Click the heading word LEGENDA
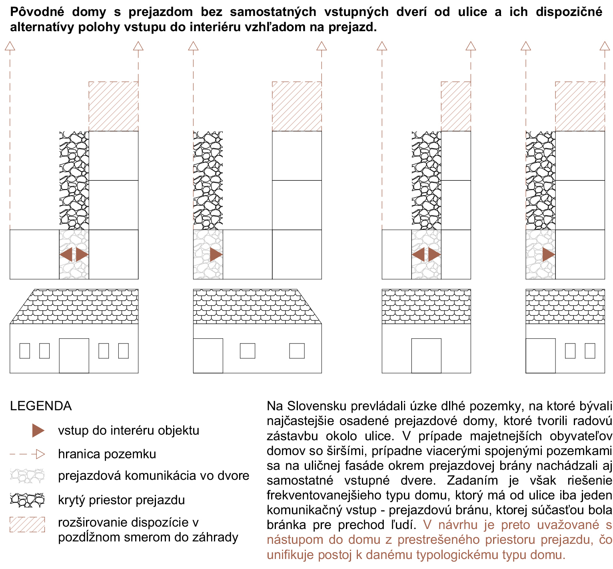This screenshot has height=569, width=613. click(x=41, y=406)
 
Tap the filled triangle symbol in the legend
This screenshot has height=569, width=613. click(x=38, y=431)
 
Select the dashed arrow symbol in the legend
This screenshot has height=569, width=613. click(x=27, y=454)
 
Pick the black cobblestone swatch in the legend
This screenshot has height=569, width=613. click(x=27, y=500)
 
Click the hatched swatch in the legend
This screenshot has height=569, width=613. click(x=27, y=525)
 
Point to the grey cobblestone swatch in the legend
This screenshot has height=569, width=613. click(x=27, y=476)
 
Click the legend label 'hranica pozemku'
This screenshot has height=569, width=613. click(x=107, y=454)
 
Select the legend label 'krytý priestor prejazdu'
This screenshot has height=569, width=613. click(x=122, y=500)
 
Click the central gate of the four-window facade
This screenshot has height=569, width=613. click(x=74, y=356)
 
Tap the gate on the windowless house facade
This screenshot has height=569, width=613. click(x=426, y=356)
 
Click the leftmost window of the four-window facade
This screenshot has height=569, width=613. click(x=25, y=351)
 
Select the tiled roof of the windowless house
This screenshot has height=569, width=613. click(x=426, y=306)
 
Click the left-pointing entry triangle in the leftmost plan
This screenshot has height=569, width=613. click(x=66, y=254)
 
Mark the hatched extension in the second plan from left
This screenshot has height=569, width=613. click(x=297, y=106)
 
